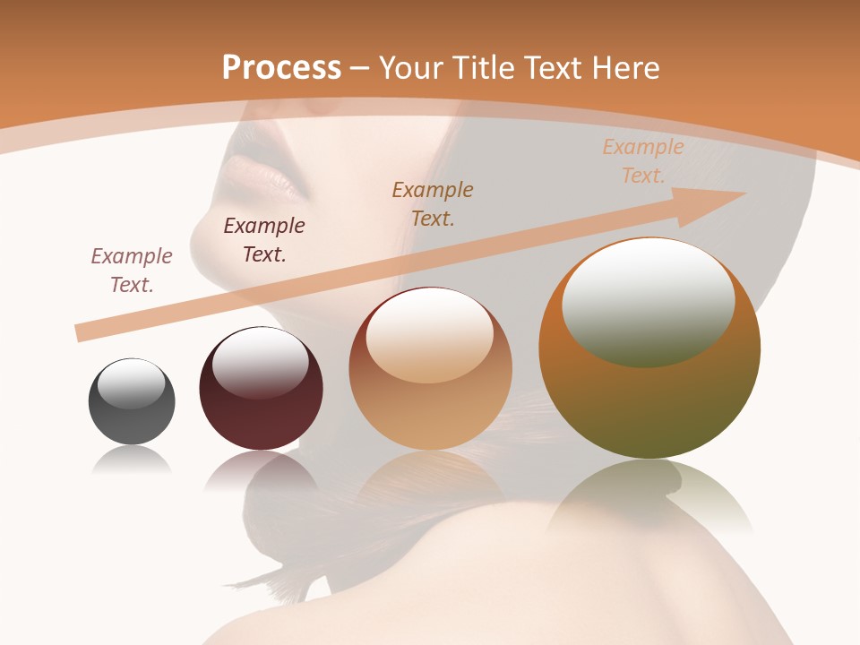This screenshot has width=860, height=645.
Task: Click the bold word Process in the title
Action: click(x=281, y=67)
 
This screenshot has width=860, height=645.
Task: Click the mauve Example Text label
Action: click(x=132, y=270)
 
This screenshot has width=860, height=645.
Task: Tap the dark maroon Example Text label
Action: click(x=264, y=239)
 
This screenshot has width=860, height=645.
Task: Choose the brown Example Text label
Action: click(x=433, y=203)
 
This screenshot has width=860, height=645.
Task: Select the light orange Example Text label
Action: click(x=642, y=160)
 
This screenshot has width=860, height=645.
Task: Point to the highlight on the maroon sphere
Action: click(x=260, y=362)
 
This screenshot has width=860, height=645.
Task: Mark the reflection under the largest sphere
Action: click(x=649, y=497)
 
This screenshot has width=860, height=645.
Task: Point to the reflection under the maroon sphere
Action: click(x=261, y=470)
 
